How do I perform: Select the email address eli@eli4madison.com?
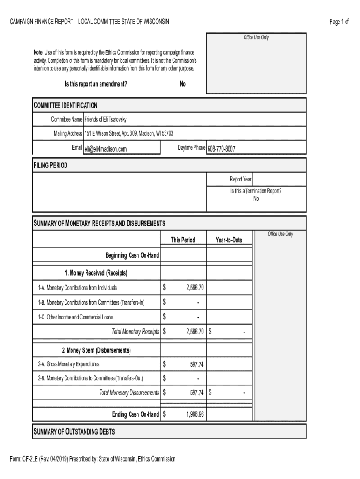point(106,149)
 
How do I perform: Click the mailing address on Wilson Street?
point(129,134)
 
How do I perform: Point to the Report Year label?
point(240,179)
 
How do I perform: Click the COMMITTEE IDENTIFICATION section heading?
point(65,105)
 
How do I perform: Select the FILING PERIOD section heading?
point(50,165)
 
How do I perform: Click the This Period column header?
point(183,240)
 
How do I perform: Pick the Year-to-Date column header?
point(229,240)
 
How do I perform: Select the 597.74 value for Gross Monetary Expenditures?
point(197,364)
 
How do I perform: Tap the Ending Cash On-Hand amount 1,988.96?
point(194,414)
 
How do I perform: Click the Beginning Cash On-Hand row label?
point(132,255)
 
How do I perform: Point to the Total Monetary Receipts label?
point(135,332)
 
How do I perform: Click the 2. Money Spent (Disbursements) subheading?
point(96,350)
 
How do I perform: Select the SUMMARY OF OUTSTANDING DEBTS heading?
point(74,431)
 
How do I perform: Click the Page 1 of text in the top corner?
point(339,22)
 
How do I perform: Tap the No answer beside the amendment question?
point(182,84)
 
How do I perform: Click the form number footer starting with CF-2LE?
point(93,459)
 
